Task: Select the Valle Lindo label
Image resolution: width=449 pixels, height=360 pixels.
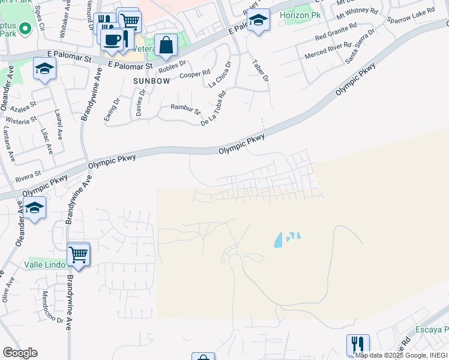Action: click(x=45, y=264)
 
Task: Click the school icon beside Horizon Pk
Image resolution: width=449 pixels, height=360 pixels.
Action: click(x=258, y=20)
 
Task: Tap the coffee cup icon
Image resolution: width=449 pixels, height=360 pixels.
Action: click(x=112, y=40)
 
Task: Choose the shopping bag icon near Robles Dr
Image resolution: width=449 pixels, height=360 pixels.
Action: click(x=166, y=45)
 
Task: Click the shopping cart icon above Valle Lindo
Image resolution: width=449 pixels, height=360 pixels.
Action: click(x=79, y=254)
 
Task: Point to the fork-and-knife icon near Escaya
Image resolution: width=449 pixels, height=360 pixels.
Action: click(x=358, y=344)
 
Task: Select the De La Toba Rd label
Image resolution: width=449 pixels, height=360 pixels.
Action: click(x=212, y=109)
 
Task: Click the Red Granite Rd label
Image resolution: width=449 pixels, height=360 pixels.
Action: click(x=336, y=32)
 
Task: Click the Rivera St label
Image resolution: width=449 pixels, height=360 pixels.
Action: click(x=28, y=175)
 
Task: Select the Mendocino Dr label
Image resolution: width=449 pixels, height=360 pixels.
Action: click(x=53, y=307)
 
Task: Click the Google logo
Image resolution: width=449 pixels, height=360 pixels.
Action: click(x=20, y=352)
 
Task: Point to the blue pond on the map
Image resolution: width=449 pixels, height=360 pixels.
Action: click(x=280, y=241)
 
